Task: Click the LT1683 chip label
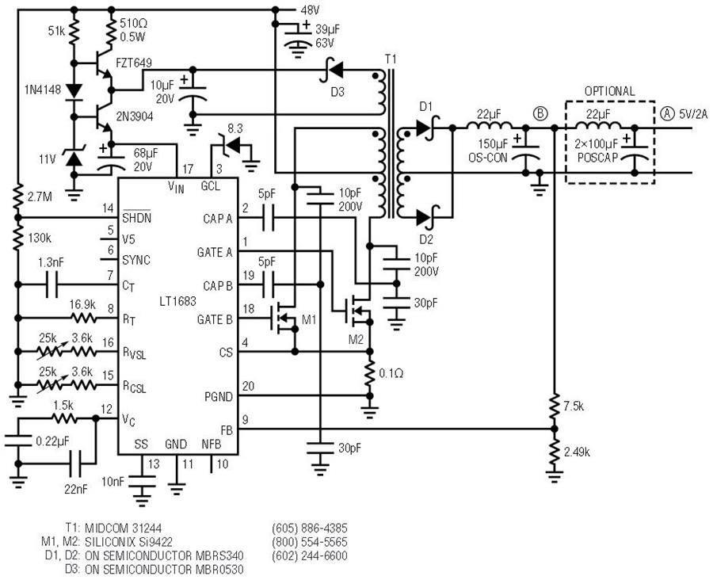(177, 301)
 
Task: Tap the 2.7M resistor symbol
(18, 196)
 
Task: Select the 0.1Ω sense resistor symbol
(370, 373)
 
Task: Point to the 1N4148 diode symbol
(74, 90)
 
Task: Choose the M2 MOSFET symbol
(359, 311)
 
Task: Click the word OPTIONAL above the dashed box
(609, 91)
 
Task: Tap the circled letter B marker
(540, 114)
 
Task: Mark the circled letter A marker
(668, 114)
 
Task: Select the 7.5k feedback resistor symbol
(554, 406)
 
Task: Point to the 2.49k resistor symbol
(554, 452)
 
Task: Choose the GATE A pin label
(215, 252)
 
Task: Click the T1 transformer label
(391, 59)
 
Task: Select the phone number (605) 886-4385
(310, 528)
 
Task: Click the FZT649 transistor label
(134, 63)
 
